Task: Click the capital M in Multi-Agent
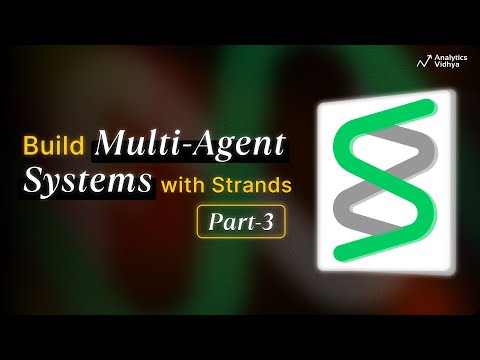pyautogui.click(x=109, y=144)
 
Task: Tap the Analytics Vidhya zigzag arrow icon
pyautogui.click(x=423, y=60)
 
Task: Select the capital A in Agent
pyautogui.click(x=222, y=144)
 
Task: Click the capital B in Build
pyautogui.click(x=32, y=146)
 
